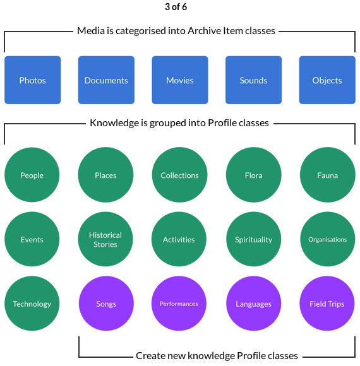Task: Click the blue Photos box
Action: click(32, 80)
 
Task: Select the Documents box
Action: click(106, 80)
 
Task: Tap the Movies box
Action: click(180, 80)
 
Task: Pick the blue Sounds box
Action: click(253, 80)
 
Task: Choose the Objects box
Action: click(327, 80)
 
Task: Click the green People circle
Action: click(32, 175)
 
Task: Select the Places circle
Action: click(105, 175)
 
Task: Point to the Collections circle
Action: click(179, 175)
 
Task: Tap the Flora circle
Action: click(254, 175)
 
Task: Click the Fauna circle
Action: click(328, 175)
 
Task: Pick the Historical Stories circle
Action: click(105, 239)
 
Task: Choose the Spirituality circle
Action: click(254, 239)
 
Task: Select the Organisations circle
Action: click(328, 239)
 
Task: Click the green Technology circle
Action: click(32, 304)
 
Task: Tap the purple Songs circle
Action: click(106, 304)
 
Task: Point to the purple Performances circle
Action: click(179, 304)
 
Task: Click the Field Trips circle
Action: click(327, 304)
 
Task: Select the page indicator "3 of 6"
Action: click(176, 7)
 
